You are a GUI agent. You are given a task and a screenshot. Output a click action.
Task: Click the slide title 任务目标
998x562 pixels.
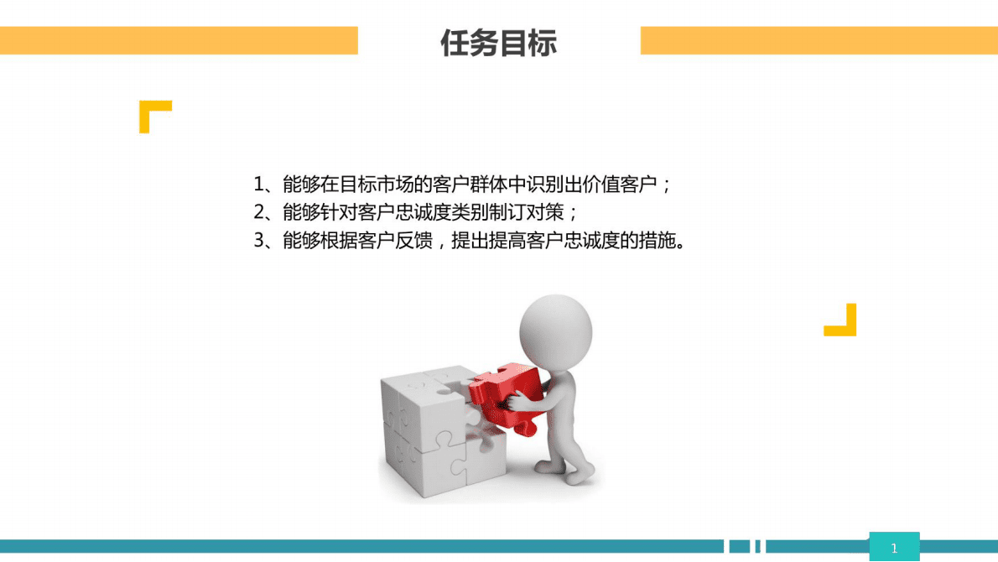point(498,43)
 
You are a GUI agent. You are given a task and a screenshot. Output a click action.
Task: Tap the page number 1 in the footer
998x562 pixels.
point(894,549)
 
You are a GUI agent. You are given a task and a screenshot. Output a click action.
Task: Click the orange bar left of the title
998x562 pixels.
point(179,40)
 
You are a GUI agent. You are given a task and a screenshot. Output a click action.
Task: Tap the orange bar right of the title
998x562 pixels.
point(819,40)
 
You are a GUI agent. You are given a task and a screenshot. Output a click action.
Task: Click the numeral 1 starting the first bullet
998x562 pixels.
point(259,185)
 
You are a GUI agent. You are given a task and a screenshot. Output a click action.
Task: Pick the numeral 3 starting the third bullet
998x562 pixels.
point(259,242)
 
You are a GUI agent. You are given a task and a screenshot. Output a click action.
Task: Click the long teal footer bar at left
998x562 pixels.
point(361,547)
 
